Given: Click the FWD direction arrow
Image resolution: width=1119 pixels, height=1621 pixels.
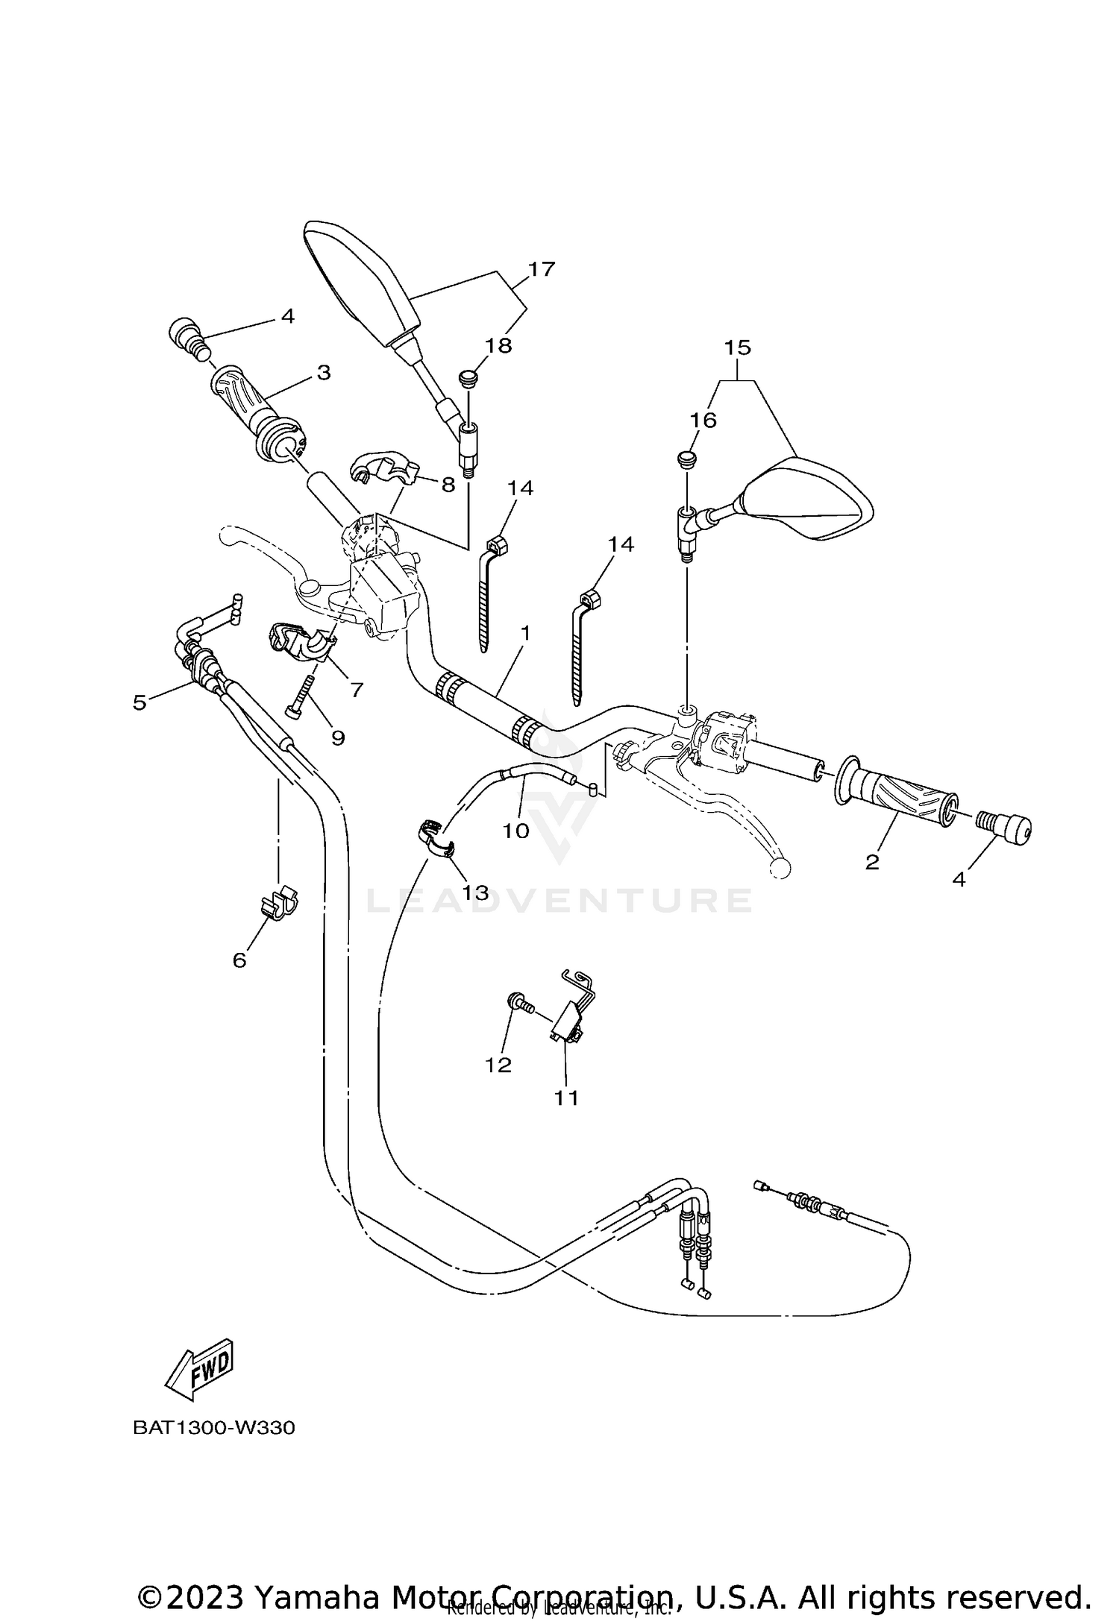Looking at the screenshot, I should click(x=200, y=1370).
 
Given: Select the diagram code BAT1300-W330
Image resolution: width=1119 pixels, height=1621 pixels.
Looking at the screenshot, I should click(x=214, y=1428).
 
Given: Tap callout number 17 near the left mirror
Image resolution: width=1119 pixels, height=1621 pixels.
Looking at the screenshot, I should click(x=542, y=269).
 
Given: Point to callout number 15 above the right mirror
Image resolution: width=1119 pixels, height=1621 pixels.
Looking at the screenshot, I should click(x=737, y=348).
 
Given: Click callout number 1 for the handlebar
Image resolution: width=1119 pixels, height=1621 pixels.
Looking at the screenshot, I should click(x=525, y=634).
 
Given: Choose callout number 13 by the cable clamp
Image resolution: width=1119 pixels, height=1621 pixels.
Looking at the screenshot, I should click(x=475, y=893).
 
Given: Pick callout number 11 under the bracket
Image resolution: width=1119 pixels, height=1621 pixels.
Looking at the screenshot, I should click(x=566, y=1098).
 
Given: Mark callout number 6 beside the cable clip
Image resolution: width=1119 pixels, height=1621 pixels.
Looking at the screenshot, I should click(x=239, y=960).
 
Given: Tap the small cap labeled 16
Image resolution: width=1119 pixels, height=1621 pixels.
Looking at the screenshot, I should click(x=687, y=458).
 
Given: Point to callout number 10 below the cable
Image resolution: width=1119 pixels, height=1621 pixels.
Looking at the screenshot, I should click(x=515, y=831).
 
